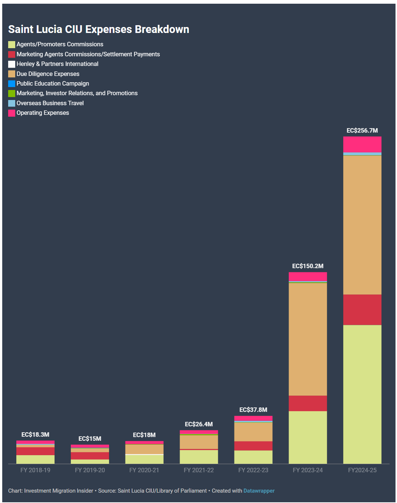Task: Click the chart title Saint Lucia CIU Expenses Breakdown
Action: (99, 30)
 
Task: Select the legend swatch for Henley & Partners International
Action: (12, 64)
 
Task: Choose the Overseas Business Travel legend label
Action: (50, 103)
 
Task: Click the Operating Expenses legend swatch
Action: (12, 113)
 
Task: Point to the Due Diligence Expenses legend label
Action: (48, 74)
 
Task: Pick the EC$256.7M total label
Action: (362, 130)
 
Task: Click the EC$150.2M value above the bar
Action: (308, 266)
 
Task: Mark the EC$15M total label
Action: (90, 439)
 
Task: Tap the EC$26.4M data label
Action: (198, 424)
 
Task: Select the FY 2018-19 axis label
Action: (35, 470)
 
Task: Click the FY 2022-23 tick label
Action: (253, 470)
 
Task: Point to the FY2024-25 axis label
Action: (362, 470)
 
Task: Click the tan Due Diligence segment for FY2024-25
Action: (362, 225)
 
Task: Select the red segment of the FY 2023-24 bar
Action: (308, 403)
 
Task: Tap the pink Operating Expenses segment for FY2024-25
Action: (362, 144)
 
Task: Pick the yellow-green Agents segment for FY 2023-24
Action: (308, 437)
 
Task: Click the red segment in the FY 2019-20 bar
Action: (90, 456)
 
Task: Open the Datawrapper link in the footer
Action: (259, 491)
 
